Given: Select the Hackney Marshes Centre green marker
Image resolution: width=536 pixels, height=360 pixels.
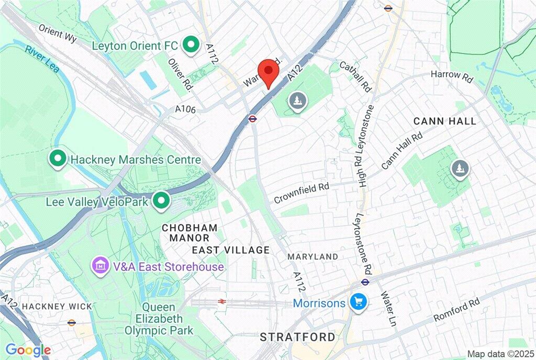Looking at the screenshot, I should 57,159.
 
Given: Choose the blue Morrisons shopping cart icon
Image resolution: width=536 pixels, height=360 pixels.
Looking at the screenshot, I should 359,302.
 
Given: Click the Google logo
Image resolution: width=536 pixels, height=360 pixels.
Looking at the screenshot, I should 28,350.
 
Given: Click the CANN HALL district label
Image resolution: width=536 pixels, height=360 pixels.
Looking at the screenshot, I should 445,121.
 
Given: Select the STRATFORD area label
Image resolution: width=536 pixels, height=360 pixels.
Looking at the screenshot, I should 298,336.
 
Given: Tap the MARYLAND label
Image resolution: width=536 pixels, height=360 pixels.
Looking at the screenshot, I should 313,256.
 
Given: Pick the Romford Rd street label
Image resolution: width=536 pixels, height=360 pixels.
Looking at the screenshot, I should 456,310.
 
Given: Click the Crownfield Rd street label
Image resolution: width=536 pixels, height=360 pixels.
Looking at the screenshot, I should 302,193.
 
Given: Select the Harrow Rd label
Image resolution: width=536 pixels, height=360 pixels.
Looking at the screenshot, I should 451,76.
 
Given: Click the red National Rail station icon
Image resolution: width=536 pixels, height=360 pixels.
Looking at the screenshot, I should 222,302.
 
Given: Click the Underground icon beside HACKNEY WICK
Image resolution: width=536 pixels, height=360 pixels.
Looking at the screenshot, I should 72,323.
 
